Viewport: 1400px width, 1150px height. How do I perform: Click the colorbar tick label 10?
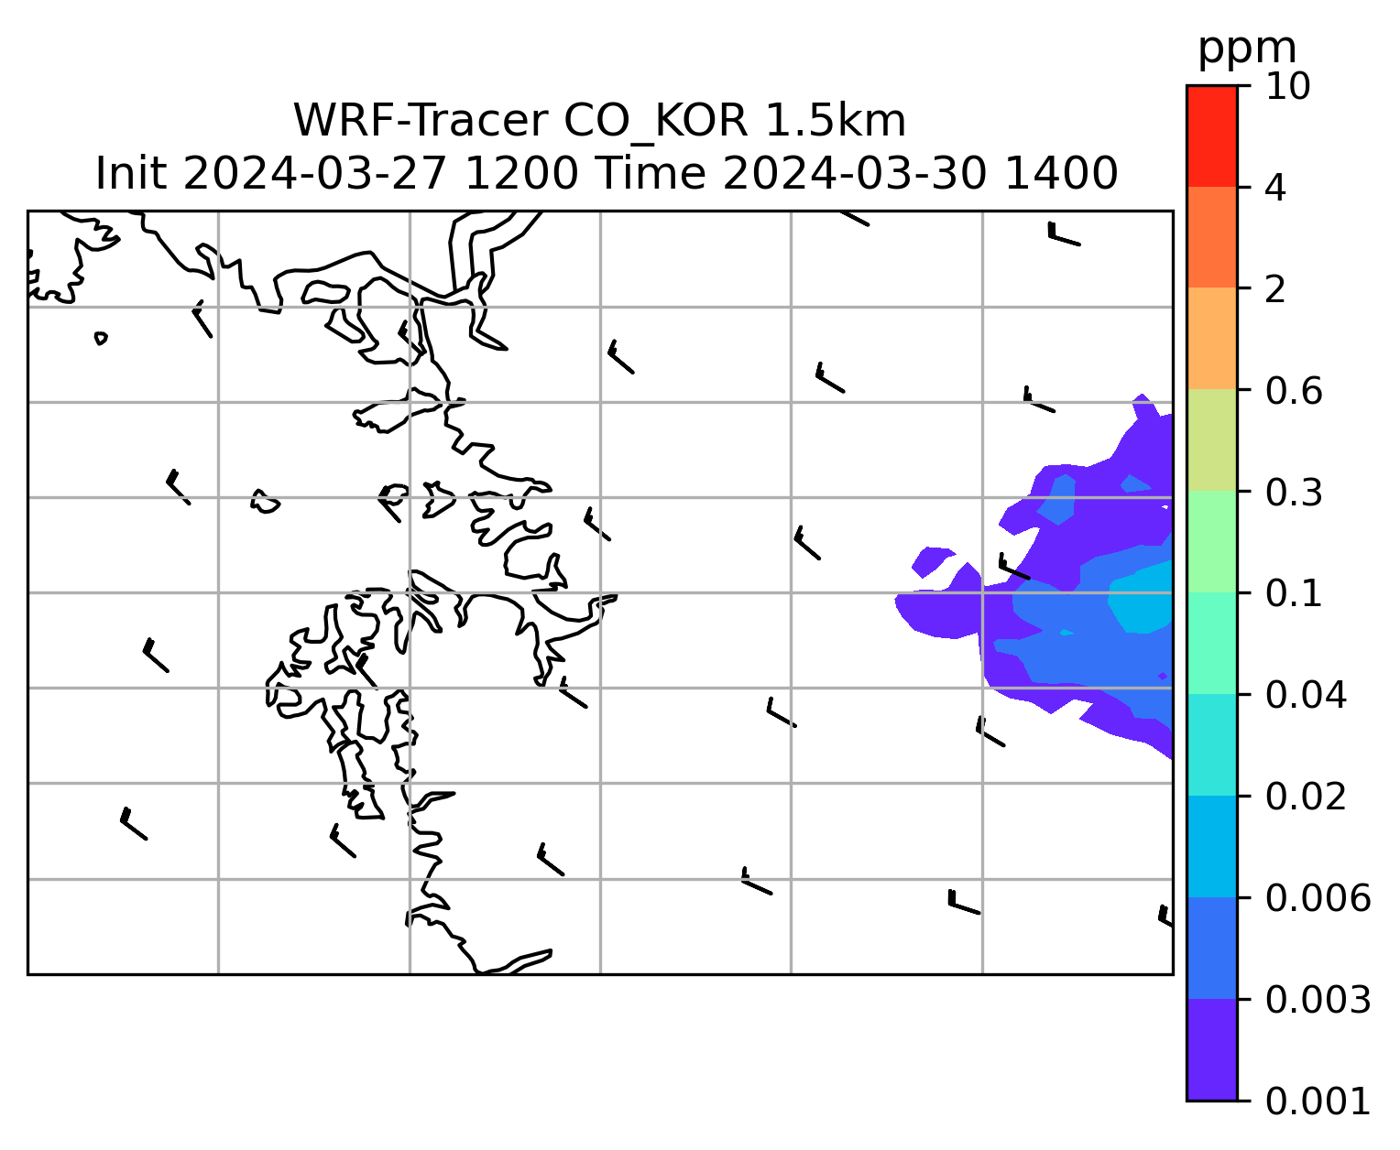pyautogui.click(x=1288, y=86)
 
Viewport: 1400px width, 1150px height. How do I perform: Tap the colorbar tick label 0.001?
pyautogui.click(x=1318, y=1101)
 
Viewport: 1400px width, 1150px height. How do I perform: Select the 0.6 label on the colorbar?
pyautogui.click(x=1294, y=391)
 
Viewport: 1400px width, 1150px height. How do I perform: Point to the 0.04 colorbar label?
pyautogui.click(x=1306, y=695)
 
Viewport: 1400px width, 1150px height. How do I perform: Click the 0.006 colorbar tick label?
pyautogui.click(x=1318, y=898)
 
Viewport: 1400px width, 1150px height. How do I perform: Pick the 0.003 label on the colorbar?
pyautogui.click(x=1318, y=1000)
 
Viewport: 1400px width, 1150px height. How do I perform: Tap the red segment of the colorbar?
pyautogui.click(x=1212, y=136)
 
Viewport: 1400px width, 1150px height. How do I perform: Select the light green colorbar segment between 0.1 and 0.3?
pyautogui.click(x=1212, y=541)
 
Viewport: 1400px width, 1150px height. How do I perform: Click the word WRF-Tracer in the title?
pyautogui.click(x=421, y=121)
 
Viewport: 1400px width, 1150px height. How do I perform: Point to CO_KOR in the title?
pyautogui.click(x=656, y=122)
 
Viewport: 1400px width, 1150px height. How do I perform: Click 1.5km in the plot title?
pyautogui.click(x=835, y=121)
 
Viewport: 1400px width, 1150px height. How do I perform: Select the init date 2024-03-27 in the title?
pyautogui.click(x=314, y=174)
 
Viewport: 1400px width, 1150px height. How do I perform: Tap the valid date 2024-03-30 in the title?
pyautogui.click(x=854, y=174)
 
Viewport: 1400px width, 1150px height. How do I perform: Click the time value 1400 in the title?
pyautogui.click(x=1061, y=174)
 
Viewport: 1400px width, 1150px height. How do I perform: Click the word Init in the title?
pyautogui.click(x=131, y=174)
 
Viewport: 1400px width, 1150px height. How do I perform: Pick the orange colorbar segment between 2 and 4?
pyautogui.click(x=1212, y=237)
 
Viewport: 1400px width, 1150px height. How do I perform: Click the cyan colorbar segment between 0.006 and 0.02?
pyautogui.click(x=1212, y=847)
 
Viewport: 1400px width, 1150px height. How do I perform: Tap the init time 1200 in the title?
pyautogui.click(x=521, y=174)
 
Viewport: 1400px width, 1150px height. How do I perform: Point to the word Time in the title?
pyautogui.click(x=651, y=174)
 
